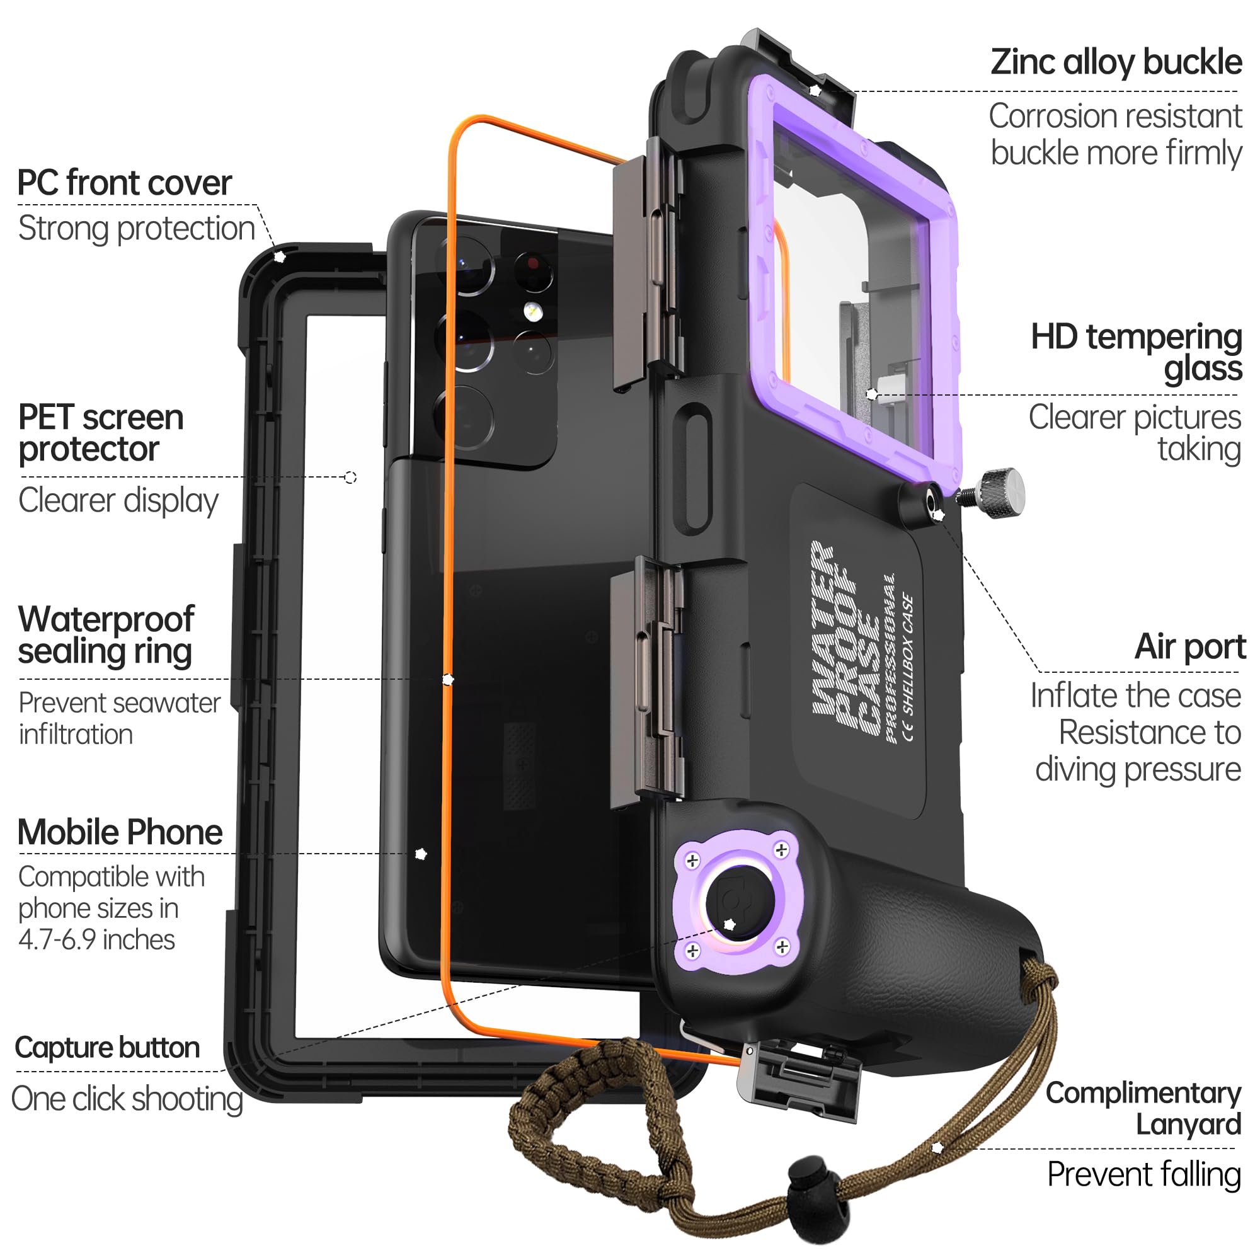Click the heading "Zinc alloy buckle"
pos(1115,63)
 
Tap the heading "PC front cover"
pos(125,183)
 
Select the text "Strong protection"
pos(136,229)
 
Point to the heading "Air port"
pos(1189,647)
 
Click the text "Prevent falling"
pos(1143,1174)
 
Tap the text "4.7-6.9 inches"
pos(96,940)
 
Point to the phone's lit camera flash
pos(534,312)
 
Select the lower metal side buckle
pos(646,679)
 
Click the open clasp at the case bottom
pos(799,1079)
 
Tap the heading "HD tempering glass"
pos(1137,353)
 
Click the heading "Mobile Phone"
pos(121,833)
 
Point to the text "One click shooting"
pos(127,1099)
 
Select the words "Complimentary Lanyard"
pos(1145,1108)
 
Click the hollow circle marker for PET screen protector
pos(350,478)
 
